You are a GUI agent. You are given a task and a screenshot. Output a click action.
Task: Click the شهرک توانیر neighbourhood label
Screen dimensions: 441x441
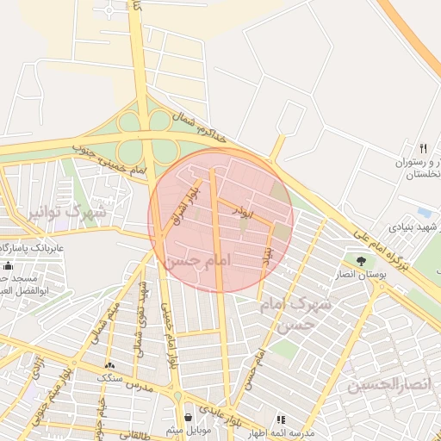tap(67, 211)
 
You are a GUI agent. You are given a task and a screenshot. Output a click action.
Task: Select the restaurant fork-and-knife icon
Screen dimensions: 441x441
tap(422, 148)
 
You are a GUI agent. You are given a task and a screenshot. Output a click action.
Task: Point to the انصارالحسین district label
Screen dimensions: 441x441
tap(387, 385)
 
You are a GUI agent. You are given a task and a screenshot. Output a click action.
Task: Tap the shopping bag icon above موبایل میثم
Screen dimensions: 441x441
tap(188, 418)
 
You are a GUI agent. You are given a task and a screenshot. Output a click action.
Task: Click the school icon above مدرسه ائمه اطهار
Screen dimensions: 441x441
tap(280, 419)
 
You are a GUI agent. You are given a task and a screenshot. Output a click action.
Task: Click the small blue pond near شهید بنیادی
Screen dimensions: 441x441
tap(424, 212)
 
